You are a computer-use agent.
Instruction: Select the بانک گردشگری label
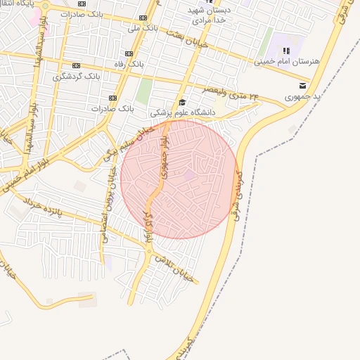pos(78,75)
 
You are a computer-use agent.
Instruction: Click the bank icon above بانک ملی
pos(143,18)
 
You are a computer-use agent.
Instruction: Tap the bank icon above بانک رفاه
pos(128,53)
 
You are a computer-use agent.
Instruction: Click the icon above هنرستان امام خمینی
pos(286,51)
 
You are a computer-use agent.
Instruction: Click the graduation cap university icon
pos(182,102)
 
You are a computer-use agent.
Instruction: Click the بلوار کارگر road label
pos(148,225)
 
